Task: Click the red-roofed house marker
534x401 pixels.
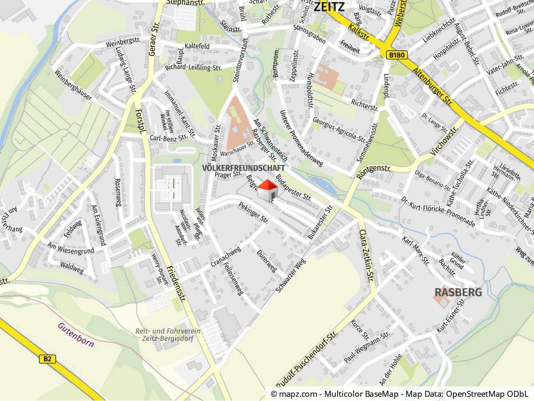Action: pos(268,190)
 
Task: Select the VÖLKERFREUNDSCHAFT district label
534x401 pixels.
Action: pos(243,168)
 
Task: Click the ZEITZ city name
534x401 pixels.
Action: pos(329,6)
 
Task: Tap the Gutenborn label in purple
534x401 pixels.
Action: pos(76,335)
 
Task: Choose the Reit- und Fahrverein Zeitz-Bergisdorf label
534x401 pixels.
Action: pos(168,335)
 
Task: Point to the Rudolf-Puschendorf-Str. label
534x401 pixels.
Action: pos(307,360)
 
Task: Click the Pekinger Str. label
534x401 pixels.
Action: pos(254,213)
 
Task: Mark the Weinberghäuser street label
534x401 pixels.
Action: pos(73,85)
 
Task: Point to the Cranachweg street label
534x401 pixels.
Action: pos(226,256)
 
